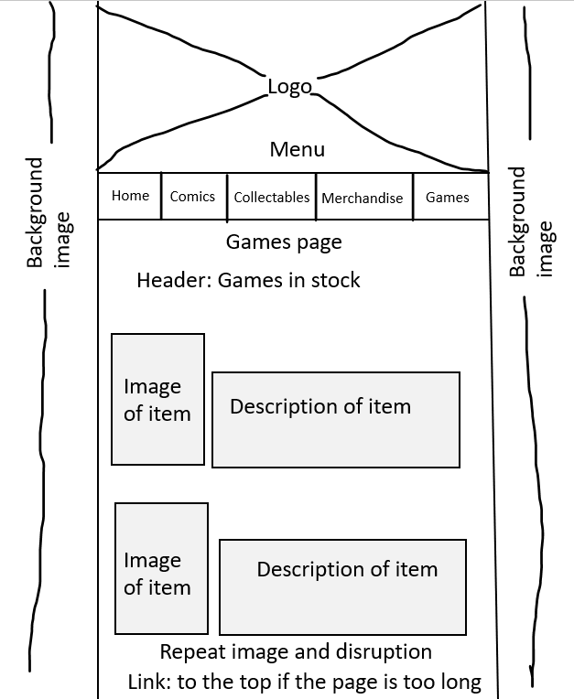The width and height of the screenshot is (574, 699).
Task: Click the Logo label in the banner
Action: [289, 88]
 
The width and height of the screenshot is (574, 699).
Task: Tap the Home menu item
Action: [130, 195]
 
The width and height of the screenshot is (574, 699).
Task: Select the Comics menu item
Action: [192, 196]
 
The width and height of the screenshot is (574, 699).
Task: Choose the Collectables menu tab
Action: [272, 197]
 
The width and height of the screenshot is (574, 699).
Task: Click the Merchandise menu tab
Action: [363, 198]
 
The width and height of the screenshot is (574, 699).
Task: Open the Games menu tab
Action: [448, 197]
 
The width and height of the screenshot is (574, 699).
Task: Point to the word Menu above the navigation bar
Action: [297, 149]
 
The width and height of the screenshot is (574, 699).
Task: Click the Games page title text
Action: [284, 243]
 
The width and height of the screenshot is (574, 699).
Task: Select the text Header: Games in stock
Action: [248, 280]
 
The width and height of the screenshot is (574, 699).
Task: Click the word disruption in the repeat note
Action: [384, 652]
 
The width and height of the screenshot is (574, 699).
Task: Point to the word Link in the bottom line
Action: [150, 682]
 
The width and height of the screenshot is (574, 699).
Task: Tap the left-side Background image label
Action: [49, 212]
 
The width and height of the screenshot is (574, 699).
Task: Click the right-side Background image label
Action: [531, 222]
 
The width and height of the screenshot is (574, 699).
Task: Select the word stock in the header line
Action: [335, 280]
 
